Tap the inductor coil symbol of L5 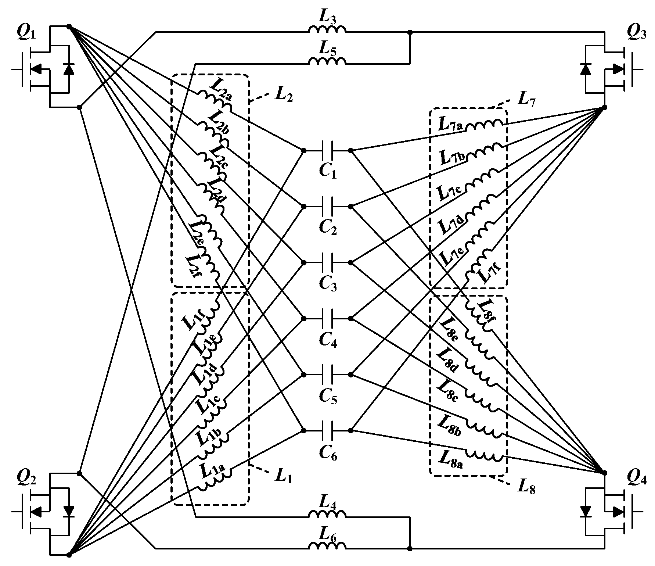[327, 61]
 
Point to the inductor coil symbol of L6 [327, 545]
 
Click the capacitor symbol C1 [327, 150]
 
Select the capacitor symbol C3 [327, 262]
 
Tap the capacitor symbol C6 [327, 430]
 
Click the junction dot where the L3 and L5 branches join [410, 32]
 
